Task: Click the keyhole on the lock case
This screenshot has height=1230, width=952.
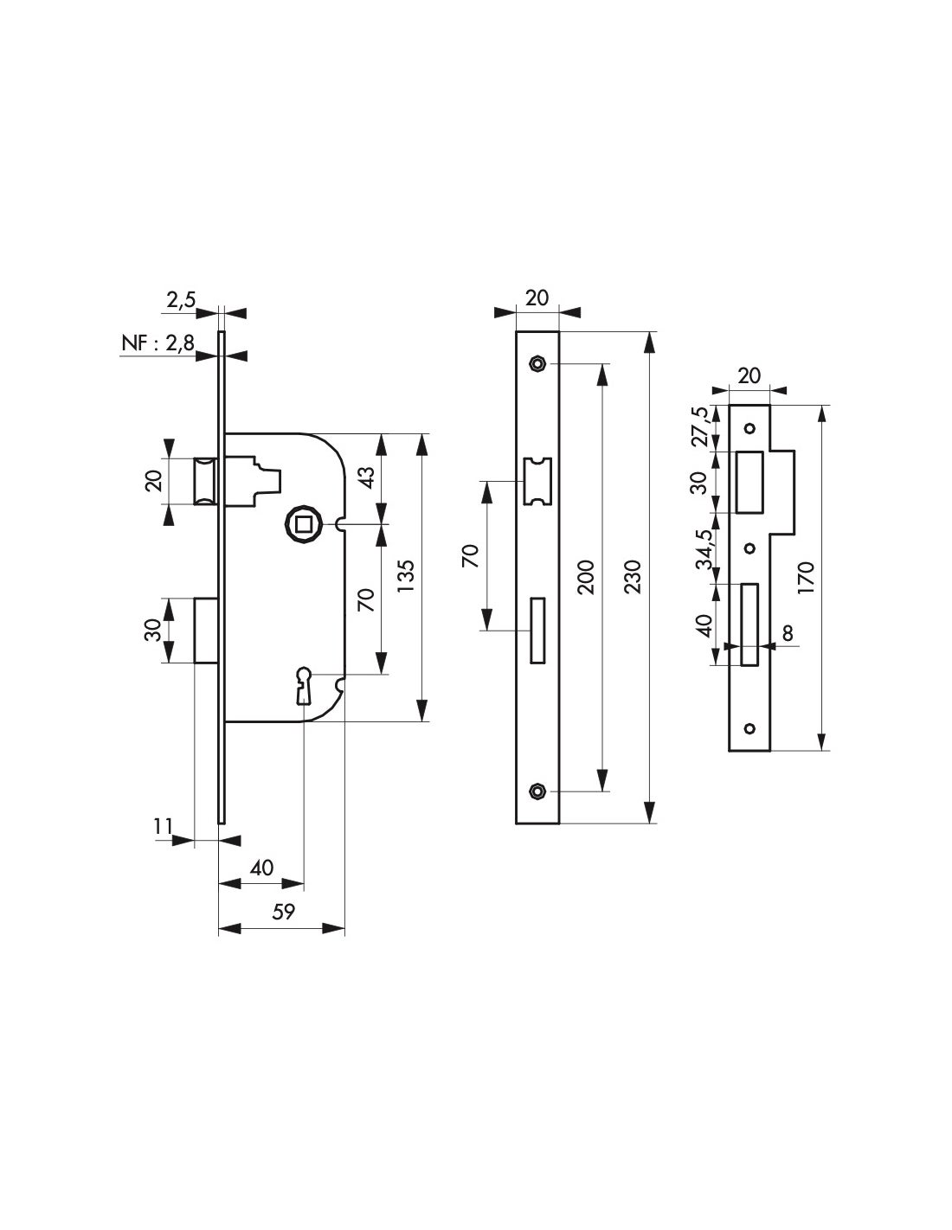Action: (x=304, y=682)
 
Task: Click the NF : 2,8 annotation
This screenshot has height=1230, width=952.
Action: (x=158, y=346)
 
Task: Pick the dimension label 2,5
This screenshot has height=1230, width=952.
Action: (x=182, y=300)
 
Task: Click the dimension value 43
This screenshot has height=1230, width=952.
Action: (x=365, y=478)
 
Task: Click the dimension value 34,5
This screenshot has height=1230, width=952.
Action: (x=706, y=548)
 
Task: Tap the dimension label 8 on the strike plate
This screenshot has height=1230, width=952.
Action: (x=788, y=632)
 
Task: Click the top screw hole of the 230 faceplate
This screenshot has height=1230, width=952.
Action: (x=538, y=364)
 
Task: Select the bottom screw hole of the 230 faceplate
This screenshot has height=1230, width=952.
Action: (x=538, y=791)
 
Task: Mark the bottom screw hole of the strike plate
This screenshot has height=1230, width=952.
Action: (x=749, y=727)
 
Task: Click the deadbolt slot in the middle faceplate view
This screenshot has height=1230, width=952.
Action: (x=537, y=630)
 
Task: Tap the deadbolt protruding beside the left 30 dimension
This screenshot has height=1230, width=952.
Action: (x=206, y=630)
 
